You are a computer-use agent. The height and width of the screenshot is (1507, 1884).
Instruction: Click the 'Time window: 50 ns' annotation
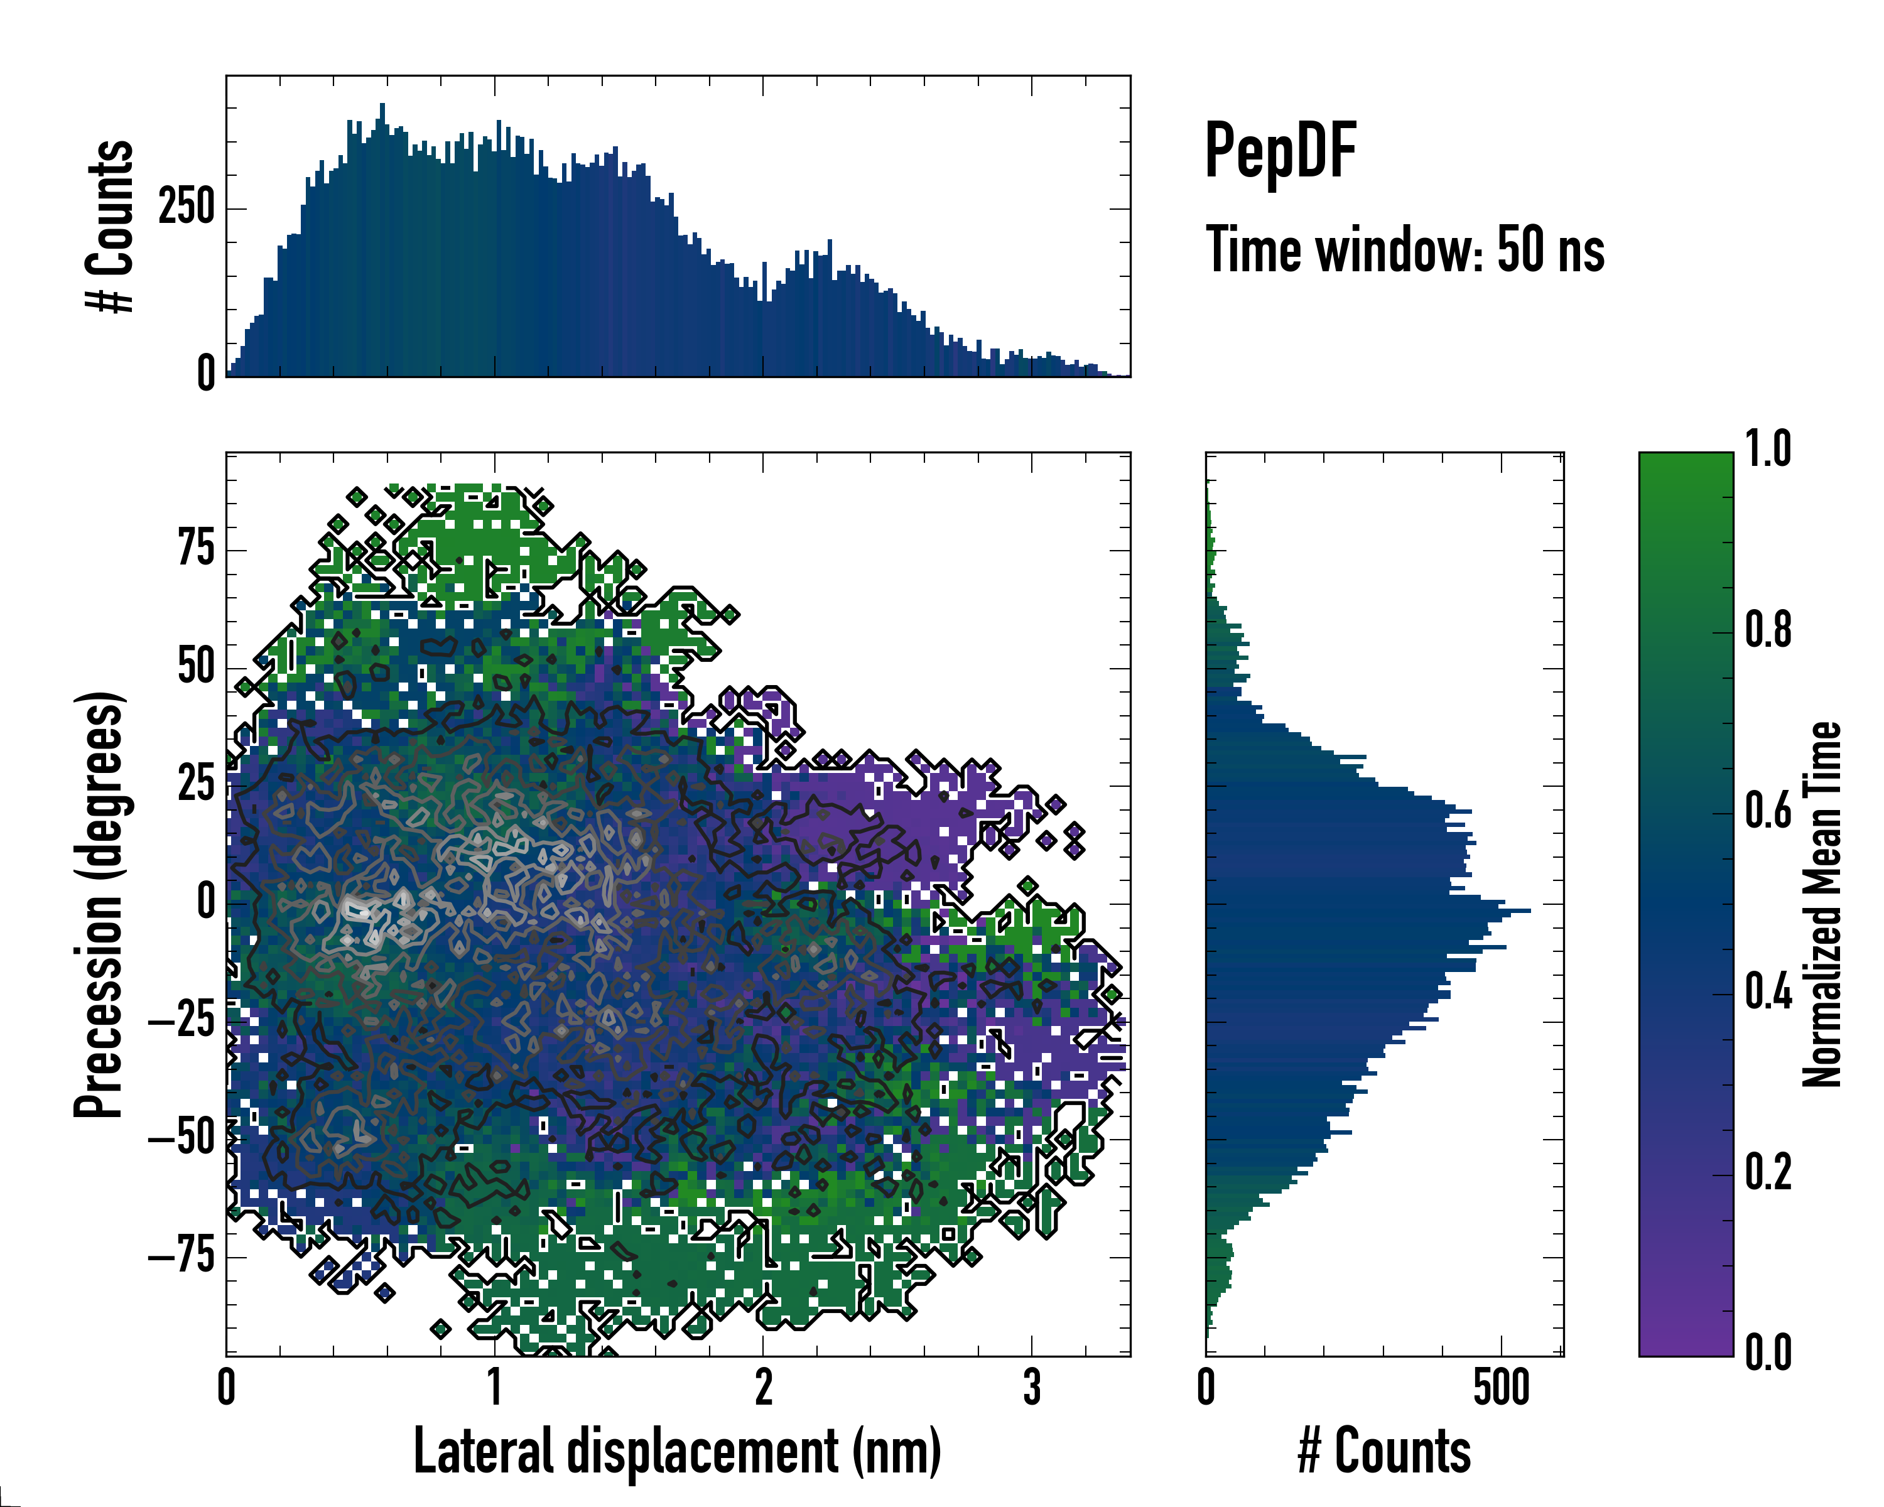[1404, 250]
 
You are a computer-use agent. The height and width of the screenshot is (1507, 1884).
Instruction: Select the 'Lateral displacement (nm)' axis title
[677, 1451]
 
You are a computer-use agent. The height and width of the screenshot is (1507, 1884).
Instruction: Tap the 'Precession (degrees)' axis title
[99, 904]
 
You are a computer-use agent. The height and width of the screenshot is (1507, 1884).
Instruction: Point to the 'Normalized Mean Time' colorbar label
[1822, 904]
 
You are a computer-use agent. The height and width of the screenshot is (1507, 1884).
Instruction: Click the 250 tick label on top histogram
[186, 208]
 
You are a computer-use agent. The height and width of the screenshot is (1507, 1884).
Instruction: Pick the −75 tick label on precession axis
[181, 1256]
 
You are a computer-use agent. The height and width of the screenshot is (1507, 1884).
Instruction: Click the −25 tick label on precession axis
[181, 1020]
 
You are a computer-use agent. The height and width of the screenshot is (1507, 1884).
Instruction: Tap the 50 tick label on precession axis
[196, 667]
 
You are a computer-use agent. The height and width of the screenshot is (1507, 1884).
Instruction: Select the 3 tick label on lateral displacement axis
[1032, 1387]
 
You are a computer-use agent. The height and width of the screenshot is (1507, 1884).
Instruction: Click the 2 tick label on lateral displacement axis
[764, 1387]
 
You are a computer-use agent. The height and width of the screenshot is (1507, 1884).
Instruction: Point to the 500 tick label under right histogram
[1502, 1387]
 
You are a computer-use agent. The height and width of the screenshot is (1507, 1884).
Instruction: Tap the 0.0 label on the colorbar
[1768, 1353]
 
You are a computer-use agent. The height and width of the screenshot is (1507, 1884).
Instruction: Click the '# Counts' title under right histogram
[1384, 1451]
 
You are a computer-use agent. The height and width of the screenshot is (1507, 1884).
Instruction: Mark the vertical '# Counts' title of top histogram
[110, 225]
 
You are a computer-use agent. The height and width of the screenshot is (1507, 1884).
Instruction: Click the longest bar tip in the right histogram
[1529, 911]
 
